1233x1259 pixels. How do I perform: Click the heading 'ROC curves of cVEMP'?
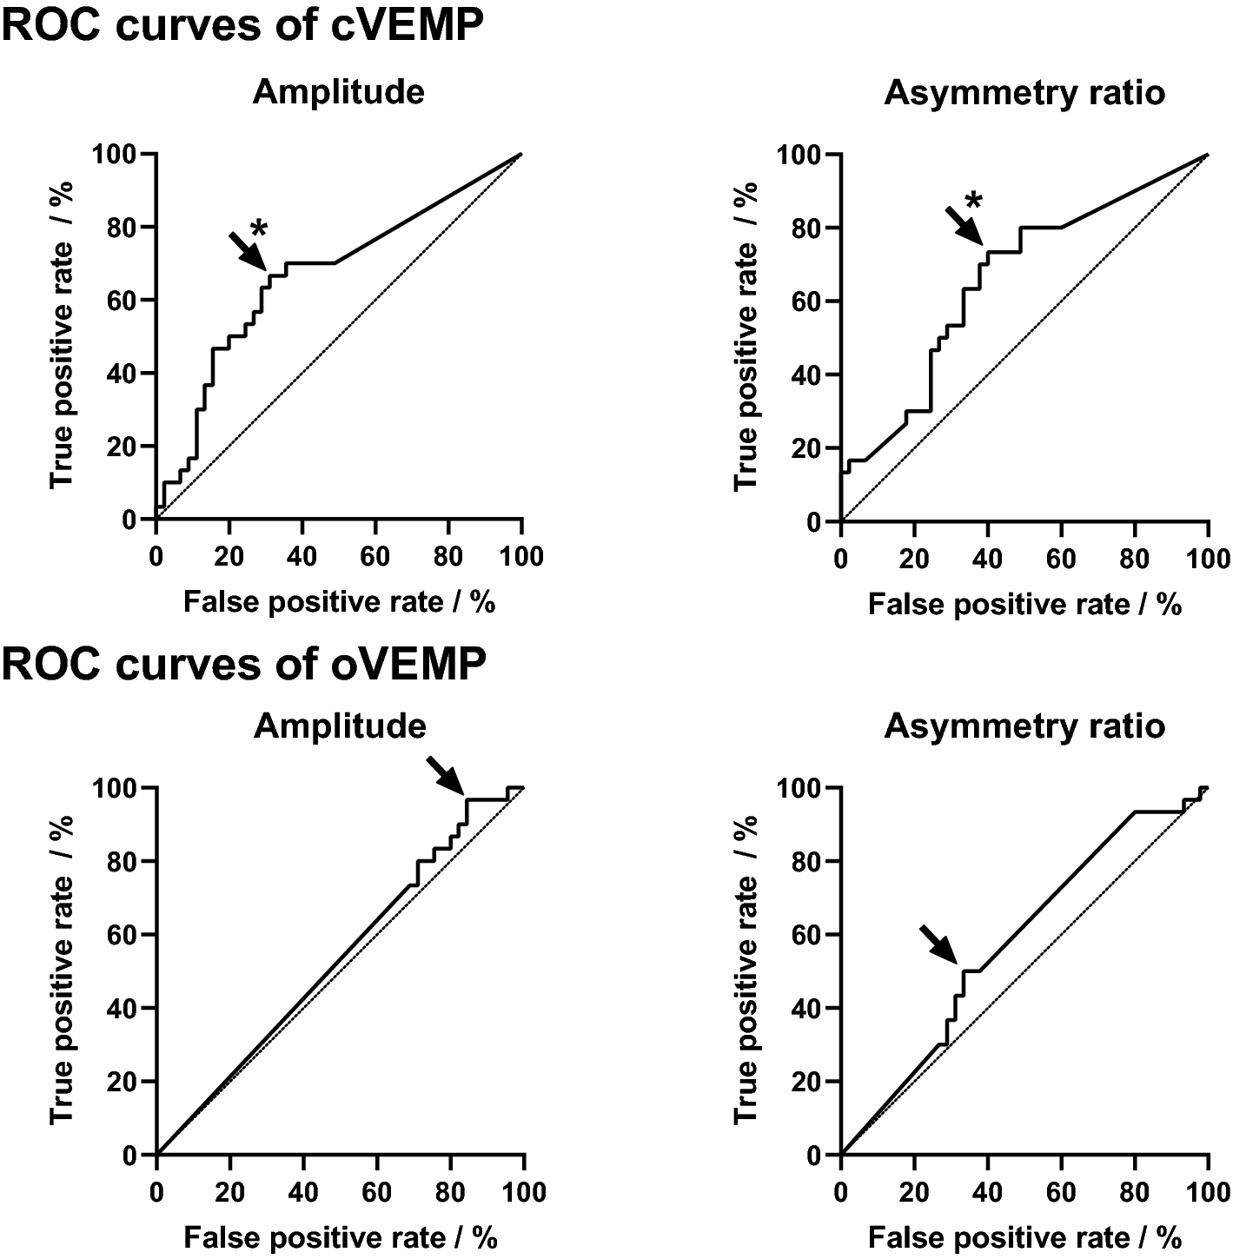click(242, 26)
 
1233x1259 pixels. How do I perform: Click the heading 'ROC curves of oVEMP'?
click(244, 665)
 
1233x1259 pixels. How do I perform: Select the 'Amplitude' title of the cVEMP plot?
click(339, 92)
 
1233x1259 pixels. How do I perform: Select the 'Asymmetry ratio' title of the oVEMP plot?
click(1024, 726)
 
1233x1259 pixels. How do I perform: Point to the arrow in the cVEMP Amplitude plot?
click(247, 250)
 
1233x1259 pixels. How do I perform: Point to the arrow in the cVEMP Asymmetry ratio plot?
click(964, 225)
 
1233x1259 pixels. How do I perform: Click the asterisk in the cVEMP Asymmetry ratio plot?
click(975, 202)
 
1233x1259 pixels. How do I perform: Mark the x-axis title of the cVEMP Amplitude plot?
click(339, 602)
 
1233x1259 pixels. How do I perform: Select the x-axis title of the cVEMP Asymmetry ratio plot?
click(1024, 604)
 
